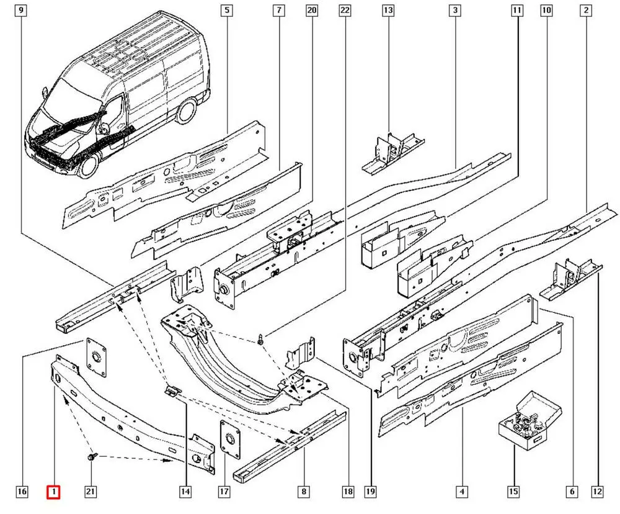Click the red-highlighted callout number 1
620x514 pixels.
click(x=55, y=492)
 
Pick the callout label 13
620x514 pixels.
click(x=388, y=11)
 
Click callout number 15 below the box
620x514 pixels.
click(x=513, y=492)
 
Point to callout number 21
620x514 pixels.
click(x=91, y=492)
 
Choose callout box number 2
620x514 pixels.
click(x=585, y=11)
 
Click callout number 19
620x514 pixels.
click(x=371, y=492)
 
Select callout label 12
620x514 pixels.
click(x=597, y=492)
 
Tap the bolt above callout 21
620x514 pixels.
click(x=92, y=458)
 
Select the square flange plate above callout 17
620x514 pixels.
click(x=230, y=439)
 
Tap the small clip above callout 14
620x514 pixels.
click(x=172, y=390)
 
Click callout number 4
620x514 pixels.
click(x=462, y=492)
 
